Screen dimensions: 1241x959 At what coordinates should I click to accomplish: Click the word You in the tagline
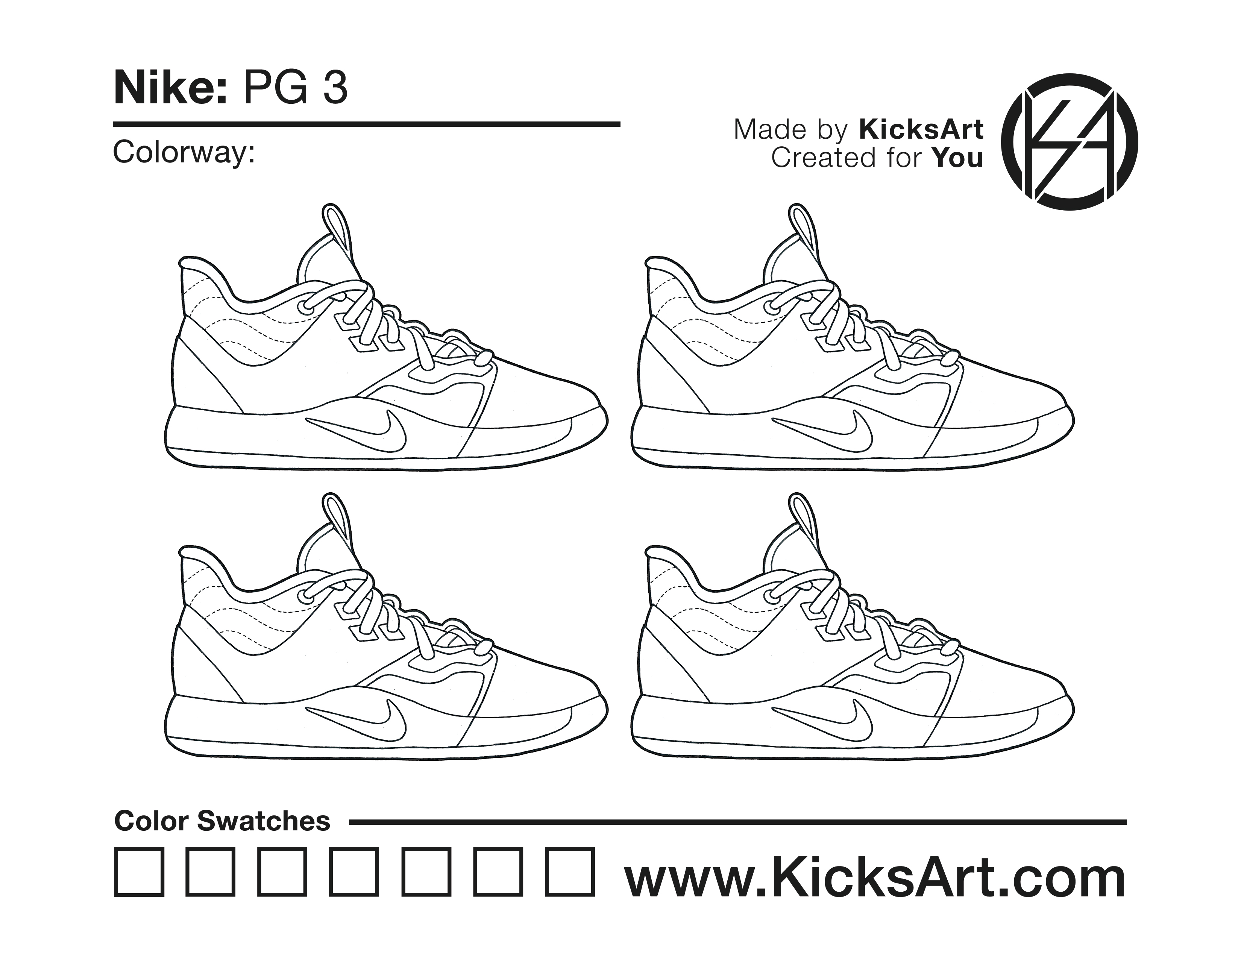pos(958,158)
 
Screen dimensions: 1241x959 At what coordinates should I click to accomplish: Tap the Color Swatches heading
pos(222,821)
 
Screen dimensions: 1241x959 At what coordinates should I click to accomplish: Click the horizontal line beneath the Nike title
pos(367,123)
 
